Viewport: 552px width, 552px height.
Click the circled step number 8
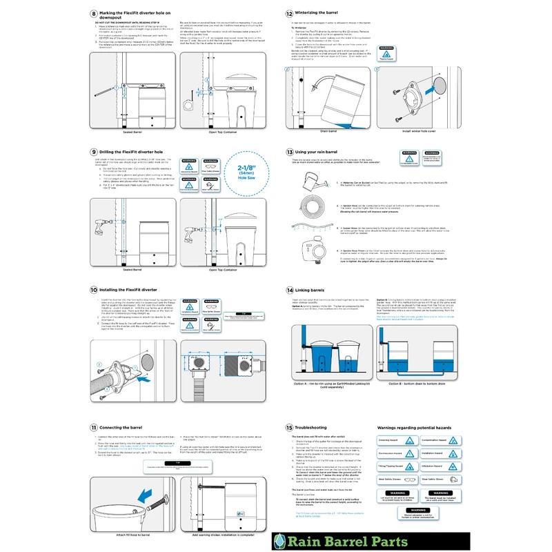[94, 13]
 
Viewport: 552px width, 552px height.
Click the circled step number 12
[289, 13]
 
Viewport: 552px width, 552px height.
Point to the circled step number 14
[289, 290]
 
